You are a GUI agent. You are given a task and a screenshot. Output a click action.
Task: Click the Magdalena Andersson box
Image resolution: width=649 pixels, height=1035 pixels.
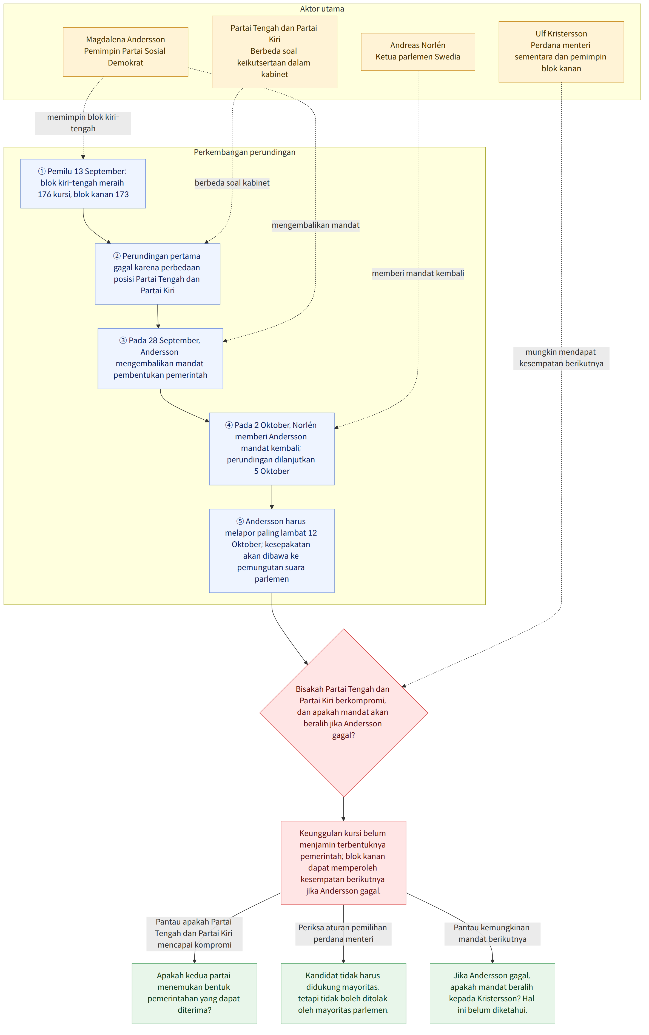click(125, 52)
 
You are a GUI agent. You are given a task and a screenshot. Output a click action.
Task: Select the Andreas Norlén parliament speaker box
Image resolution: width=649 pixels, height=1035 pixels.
click(418, 52)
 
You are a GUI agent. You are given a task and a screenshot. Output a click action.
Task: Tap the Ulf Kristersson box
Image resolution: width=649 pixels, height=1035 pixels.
click(561, 52)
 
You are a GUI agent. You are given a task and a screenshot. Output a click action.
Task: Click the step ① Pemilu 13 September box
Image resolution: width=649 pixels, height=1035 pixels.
click(83, 183)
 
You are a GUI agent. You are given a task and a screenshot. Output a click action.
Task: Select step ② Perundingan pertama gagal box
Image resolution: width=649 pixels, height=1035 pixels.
click(158, 274)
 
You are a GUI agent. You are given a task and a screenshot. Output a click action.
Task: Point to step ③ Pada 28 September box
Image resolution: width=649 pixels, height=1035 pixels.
click(160, 359)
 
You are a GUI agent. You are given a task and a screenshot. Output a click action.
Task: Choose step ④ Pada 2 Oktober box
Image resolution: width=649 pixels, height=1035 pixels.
click(272, 449)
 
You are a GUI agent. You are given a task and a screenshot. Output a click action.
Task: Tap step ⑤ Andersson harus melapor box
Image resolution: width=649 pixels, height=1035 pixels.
click(272, 551)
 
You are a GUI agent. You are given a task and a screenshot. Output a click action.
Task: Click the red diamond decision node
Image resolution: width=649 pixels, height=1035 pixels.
click(343, 713)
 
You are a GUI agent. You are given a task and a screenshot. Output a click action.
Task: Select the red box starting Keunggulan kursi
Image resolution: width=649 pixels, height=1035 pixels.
click(343, 863)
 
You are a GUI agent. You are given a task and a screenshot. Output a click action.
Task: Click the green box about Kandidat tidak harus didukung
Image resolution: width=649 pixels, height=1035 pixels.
click(343, 993)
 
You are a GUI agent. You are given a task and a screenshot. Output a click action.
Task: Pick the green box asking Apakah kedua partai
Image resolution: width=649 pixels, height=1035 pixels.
click(194, 993)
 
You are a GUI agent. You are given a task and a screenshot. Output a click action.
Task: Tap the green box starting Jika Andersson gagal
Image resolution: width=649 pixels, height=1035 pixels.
click(492, 993)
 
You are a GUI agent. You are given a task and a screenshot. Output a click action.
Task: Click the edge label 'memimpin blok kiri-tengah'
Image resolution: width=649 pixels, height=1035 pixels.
click(83, 123)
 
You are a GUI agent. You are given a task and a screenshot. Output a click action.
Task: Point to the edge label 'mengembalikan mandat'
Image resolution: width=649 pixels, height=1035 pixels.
click(315, 225)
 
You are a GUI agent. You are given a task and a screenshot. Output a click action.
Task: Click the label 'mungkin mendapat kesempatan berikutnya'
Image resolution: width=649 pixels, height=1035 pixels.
click(561, 358)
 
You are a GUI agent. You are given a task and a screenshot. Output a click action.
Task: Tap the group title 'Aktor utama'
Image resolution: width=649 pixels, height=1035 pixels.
click(322, 8)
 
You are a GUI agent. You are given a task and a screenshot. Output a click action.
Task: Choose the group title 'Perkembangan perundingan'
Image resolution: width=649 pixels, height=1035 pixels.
click(245, 152)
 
